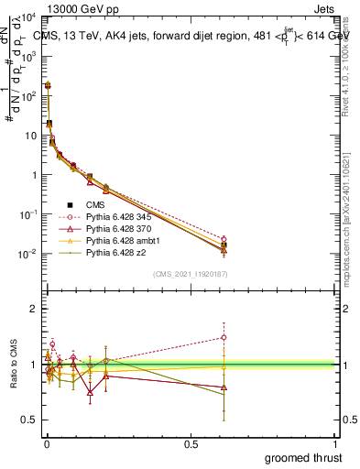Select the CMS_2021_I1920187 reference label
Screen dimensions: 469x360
point(190,272)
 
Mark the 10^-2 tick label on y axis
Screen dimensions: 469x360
point(29,254)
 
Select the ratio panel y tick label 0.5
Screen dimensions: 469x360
point(29,420)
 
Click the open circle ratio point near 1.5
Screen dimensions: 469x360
point(224,337)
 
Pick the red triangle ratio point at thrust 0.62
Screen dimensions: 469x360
point(224,387)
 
